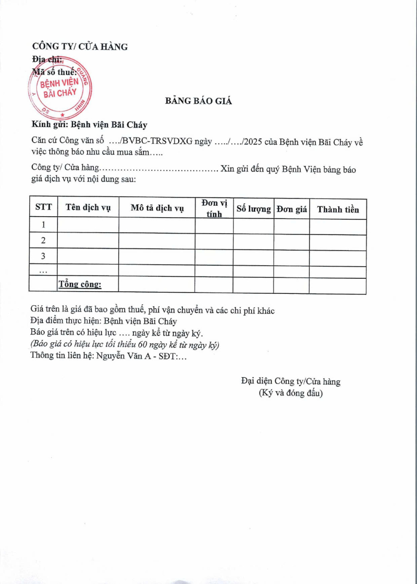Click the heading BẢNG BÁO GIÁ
[x=199, y=102]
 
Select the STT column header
[x=43, y=208]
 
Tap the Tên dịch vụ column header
[x=88, y=208]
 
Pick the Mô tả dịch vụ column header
[x=157, y=208]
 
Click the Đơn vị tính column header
[x=214, y=208]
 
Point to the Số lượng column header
[x=253, y=209]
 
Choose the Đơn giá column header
[x=291, y=209]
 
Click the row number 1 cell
[x=43, y=225]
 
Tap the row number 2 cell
[x=43, y=241]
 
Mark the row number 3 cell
[x=43, y=256]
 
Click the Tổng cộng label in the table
[x=80, y=284]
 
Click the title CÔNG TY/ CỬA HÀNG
[x=80, y=46]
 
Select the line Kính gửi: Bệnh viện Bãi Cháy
[x=89, y=125]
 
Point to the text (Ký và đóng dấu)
[x=291, y=393]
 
